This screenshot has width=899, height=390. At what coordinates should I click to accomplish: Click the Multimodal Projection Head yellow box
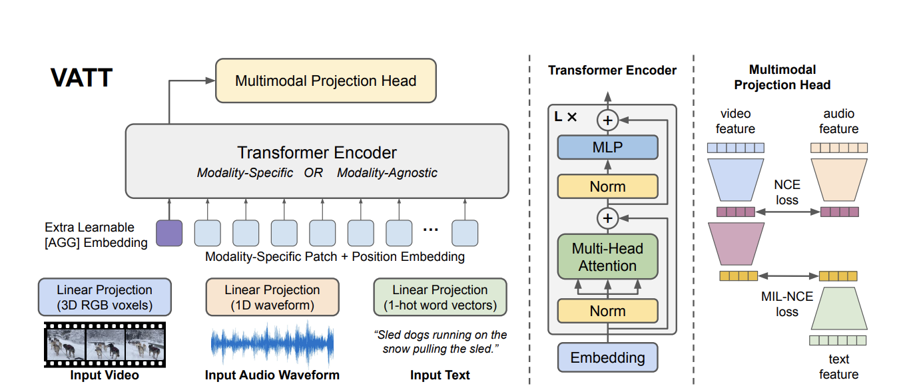click(x=326, y=81)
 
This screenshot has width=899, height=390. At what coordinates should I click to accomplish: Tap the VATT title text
click(x=81, y=77)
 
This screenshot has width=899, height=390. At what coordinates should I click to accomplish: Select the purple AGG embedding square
click(x=169, y=233)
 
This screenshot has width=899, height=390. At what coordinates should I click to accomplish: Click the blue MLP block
click(x=607, y=147)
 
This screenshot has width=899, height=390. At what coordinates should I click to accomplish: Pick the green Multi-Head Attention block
click(x=607, y=257)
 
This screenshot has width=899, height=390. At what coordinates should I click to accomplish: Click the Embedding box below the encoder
click(x=607, y=357)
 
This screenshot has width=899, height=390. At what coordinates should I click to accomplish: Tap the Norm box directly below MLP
click(x=607, y=186)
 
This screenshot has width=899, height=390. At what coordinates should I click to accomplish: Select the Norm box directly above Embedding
click(x=607, y=311)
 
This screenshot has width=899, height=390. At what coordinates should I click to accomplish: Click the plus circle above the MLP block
click(x=607, y=120)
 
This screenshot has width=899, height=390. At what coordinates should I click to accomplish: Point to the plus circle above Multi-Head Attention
click(x=607, y=218)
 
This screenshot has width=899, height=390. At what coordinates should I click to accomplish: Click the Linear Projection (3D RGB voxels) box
click(x=105, y=297)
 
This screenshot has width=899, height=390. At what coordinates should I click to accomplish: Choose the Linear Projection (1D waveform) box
click(x=272, y=297)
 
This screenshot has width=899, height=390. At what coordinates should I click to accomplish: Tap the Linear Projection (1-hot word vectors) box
click(x=440, y=297)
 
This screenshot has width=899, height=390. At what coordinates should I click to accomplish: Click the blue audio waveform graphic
click(x=272, y=343)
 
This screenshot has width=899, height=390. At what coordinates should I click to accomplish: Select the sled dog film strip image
click(x=105, y=345)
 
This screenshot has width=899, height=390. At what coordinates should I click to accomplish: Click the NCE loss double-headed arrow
click(x=787, y=212)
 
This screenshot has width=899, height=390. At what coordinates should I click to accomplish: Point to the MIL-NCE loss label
click(x=787, y=304)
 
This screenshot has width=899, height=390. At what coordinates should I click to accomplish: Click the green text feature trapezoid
click(x=839, y=308)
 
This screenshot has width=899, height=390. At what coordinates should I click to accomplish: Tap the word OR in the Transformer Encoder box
click(x=313, y=172)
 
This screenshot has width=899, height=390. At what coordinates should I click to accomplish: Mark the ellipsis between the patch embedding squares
click(x=431, y=230)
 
